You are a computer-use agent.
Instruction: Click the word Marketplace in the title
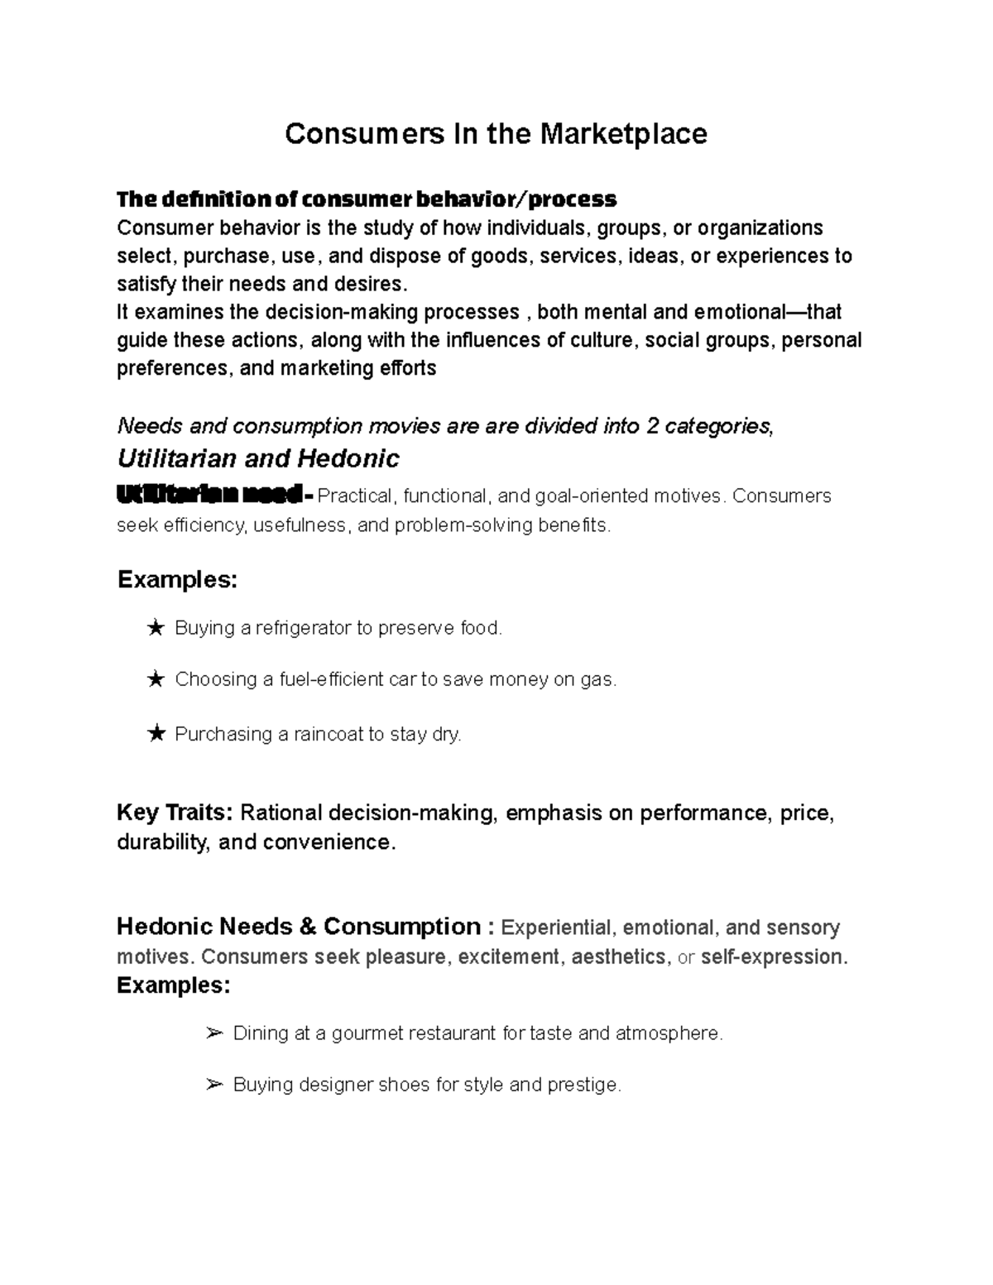tap(625, 134)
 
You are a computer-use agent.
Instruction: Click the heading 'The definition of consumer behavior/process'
tap(367, 199)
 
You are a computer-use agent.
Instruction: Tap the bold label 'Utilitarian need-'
tap(215, 496)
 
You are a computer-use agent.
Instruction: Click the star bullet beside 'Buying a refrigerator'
tap(155, 629)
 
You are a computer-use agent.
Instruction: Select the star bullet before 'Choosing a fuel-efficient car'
tap(155, 680)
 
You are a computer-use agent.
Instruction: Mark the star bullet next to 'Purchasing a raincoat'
tap(155, 734)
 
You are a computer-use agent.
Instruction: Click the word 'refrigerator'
tap(303, 629)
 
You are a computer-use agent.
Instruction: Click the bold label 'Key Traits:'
tap(175, 813)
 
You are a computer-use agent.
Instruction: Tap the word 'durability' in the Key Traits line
tap(161, 842)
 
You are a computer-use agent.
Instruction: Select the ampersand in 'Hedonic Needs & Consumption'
tap(308, 927)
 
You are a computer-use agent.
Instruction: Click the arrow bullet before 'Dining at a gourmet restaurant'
tap(213, 1033)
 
